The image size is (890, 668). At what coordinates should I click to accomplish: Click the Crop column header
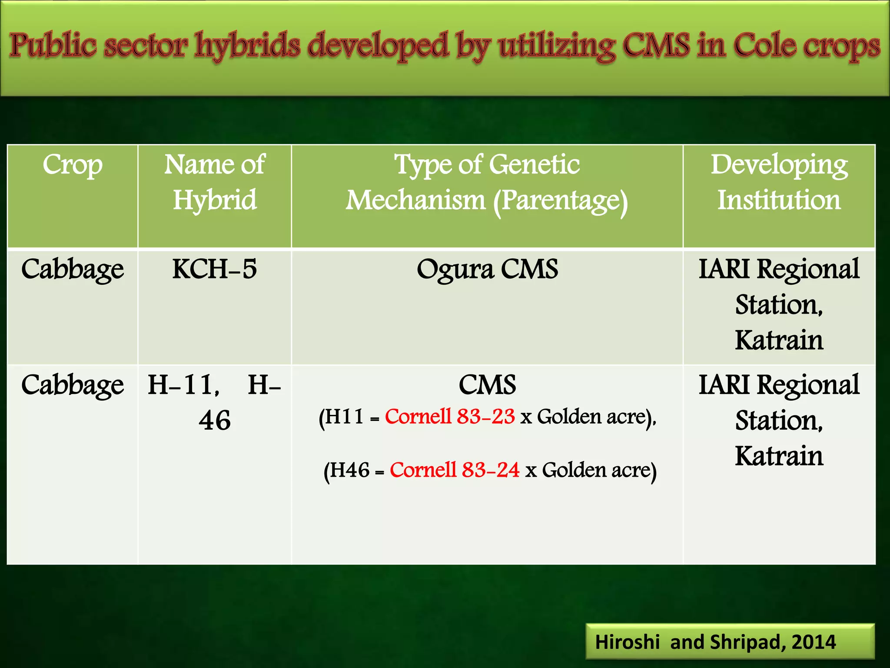click(73, 165)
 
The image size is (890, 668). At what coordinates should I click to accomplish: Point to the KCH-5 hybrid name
click(214, 269)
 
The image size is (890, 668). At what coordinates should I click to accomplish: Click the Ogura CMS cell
click(487, 269)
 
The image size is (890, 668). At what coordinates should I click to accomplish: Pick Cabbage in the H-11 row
click(73, 385)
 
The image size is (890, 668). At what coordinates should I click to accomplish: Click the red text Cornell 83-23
click(450, 417)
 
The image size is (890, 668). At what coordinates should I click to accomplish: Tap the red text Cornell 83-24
click(455, 470)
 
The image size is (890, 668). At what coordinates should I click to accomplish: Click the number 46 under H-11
click(214, 421)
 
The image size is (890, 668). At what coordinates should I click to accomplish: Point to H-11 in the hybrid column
click(183, 385)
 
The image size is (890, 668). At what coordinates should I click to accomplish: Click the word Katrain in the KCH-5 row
click(779, 340)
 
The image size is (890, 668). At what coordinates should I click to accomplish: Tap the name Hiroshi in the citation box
click(627, 642)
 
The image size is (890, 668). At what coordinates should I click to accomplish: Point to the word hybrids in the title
click(247, 46)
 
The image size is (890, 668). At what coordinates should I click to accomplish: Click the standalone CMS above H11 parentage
click(487, 385)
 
